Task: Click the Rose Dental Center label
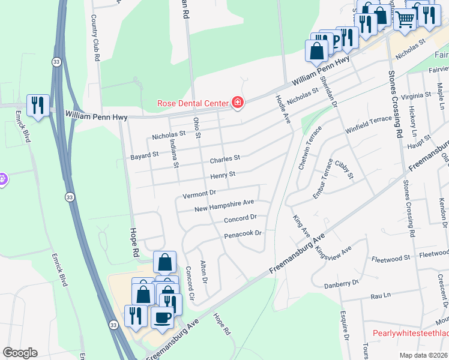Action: coord(192,103)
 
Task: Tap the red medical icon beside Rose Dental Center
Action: coord(238,103)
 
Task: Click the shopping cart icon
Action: coord(405,19)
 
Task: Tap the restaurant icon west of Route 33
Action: coord(38,106)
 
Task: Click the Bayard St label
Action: coord(144,154)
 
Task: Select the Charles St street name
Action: coord(224,159)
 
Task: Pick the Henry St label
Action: coord(222,175)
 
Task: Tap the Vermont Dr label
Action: coord(199,194)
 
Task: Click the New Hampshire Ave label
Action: coord(224,205)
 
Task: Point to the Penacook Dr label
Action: coord(243,233)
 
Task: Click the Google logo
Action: coord(19,352)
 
